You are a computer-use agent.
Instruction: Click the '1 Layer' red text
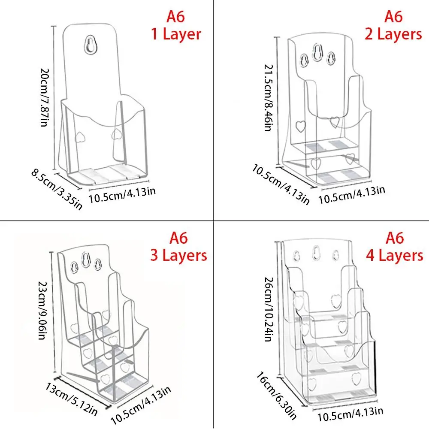point(176,34)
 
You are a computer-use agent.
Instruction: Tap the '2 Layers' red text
point(393,34)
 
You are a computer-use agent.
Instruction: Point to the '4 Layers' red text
point(394,255)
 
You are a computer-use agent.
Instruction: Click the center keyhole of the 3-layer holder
point(86,262)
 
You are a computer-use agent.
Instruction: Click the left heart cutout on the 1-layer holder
point(79,136)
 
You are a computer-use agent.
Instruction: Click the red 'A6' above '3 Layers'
point(178,237)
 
